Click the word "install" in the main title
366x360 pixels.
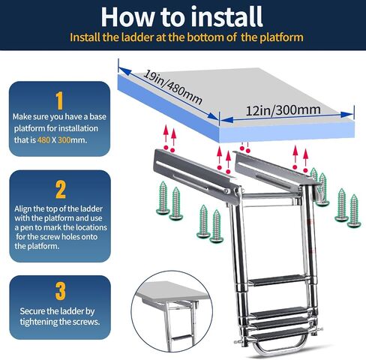(x=226, y=16)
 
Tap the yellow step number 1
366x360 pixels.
(x=59, y=100)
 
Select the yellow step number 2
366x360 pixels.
(x=60, y=190)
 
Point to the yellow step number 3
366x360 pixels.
(x=60, y=291)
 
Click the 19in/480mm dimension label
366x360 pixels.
(x=172, y=88)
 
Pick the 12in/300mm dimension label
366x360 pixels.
(x=283, y=110)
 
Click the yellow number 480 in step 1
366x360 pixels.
(x=43, y=140)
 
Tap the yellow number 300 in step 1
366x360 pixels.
(x=64, y=140)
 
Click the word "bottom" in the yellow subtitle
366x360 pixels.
(x=205, y=37)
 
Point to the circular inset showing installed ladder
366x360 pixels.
(x=172, y=314)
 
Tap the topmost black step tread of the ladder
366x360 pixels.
(x=277, y=280)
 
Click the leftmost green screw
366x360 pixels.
(x=163, y=197)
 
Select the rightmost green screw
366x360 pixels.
(x=354, y=211)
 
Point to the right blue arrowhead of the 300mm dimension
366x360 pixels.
(x=347, y=115)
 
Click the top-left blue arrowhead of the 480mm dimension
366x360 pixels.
(x=125, y=71)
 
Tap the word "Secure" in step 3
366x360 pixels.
(x=32, y=311)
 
